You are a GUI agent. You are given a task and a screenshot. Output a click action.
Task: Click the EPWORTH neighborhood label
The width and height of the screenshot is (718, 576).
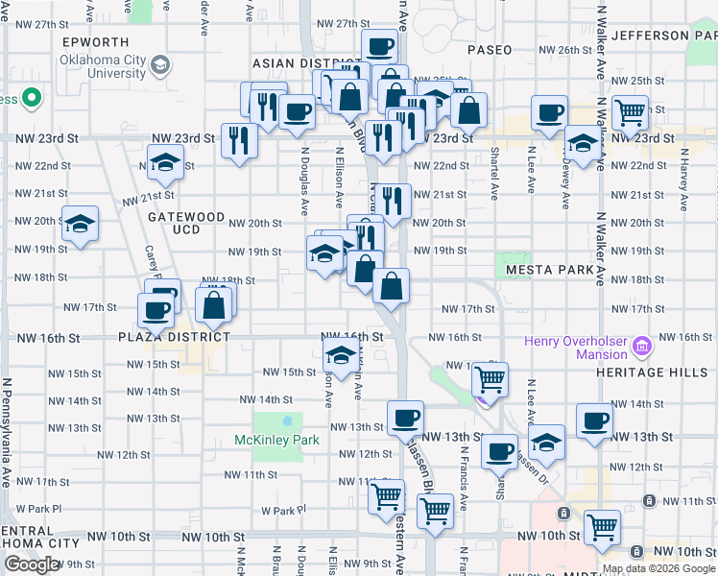[96, 42]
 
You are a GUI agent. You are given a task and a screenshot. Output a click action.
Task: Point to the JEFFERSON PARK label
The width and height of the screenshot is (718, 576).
[663, 36]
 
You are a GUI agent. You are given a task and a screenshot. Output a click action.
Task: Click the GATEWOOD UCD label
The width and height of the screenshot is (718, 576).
[186, 224]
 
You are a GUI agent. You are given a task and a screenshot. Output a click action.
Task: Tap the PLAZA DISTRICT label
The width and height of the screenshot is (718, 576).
[175, 337]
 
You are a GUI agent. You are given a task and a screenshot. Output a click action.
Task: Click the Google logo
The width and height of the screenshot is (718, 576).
[32, 564]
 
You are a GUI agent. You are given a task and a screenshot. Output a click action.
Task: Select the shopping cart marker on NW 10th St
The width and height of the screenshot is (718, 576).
[602, 526]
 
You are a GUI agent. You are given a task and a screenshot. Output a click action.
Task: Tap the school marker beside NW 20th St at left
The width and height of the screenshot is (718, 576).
[81, 224]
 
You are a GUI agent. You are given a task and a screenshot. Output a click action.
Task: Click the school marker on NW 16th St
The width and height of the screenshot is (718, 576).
[341, 353]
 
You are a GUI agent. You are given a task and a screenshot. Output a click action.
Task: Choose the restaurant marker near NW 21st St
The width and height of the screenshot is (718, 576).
[392, 200]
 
